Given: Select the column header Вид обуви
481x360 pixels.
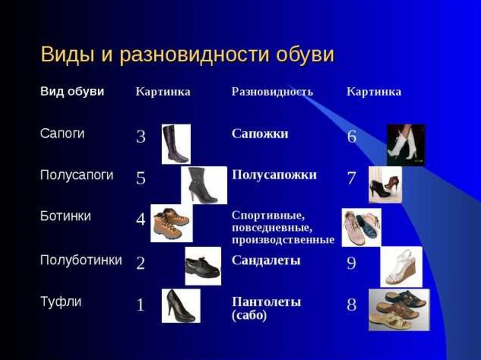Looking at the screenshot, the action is click(x=72, y=92).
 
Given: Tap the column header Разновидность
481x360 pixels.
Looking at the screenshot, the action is click(x=272, y=92).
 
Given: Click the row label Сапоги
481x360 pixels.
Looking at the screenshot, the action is click(x=62, y=133).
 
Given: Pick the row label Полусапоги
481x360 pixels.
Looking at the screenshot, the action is click(x=77, y=175).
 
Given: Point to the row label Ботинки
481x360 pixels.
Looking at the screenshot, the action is click(x=65, y=216).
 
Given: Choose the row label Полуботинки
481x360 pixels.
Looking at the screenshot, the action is click(x=81, y=260).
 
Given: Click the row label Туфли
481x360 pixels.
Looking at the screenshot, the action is click(x=61, y=302).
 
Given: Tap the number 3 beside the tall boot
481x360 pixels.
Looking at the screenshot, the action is click(x=141, y=137).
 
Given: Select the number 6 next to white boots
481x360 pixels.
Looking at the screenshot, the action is click(x=352, y=137).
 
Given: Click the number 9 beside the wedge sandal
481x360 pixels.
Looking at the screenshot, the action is click(x=351, y=263).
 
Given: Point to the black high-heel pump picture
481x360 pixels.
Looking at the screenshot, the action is click(x=181, y=306).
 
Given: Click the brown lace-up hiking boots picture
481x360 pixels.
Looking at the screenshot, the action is click(x=171, y=223).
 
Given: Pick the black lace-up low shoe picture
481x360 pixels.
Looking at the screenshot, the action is click(x=203, y=266).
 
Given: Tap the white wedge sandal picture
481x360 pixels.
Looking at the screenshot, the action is click(x=401, y=267).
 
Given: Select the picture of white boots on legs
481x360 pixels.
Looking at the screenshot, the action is click(x=406, y=145).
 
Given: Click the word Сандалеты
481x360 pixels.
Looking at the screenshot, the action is click(x=266, y=260).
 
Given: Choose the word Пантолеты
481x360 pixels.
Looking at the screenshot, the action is click(x=266, y=302).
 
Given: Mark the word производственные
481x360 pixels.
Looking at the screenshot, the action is click(x=283, y=240).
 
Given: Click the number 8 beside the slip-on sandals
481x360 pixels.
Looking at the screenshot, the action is click(x=351, y=305).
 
